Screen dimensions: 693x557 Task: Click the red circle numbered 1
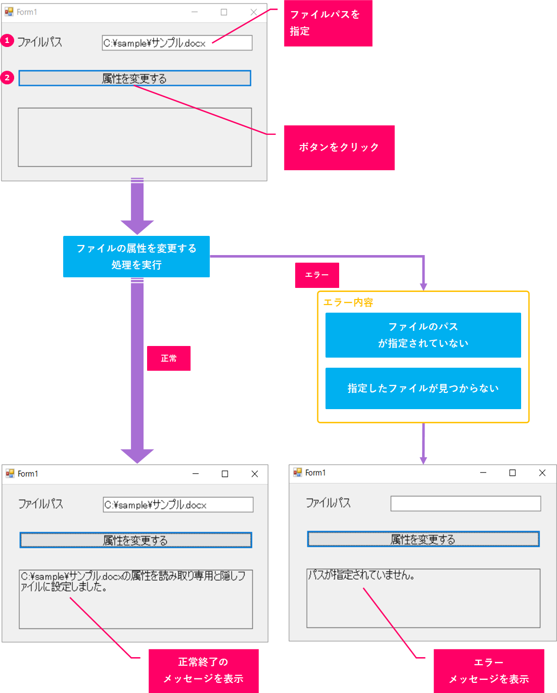(7, 40)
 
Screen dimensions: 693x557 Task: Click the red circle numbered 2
(7, 78)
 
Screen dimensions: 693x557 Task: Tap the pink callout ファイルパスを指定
(328, 23)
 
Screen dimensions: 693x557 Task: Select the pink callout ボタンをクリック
(339, 147)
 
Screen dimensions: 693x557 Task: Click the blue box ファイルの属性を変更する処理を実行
(136, 257)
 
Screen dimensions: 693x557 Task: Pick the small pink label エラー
(317, 275)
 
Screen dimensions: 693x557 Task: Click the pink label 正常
(168, 358)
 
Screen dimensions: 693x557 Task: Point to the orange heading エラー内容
(348, 303)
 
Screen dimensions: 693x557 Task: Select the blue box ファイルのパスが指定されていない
(423, 335)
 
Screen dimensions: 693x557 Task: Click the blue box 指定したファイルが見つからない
(423, 388)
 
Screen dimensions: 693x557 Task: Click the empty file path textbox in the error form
(465, 504)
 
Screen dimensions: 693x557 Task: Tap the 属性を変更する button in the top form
(134, 78)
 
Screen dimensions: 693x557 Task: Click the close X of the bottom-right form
(542, 473)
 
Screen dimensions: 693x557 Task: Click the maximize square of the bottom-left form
(225, 474)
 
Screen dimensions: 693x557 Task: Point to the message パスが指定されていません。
(361, 575)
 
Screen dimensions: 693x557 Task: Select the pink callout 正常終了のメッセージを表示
(203, 671)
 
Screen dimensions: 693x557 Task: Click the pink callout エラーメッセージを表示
(488, 671)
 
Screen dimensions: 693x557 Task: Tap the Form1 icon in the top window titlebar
(9, 12)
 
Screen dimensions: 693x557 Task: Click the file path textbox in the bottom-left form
(178, 505)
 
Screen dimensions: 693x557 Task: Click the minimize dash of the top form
(195, 12)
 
